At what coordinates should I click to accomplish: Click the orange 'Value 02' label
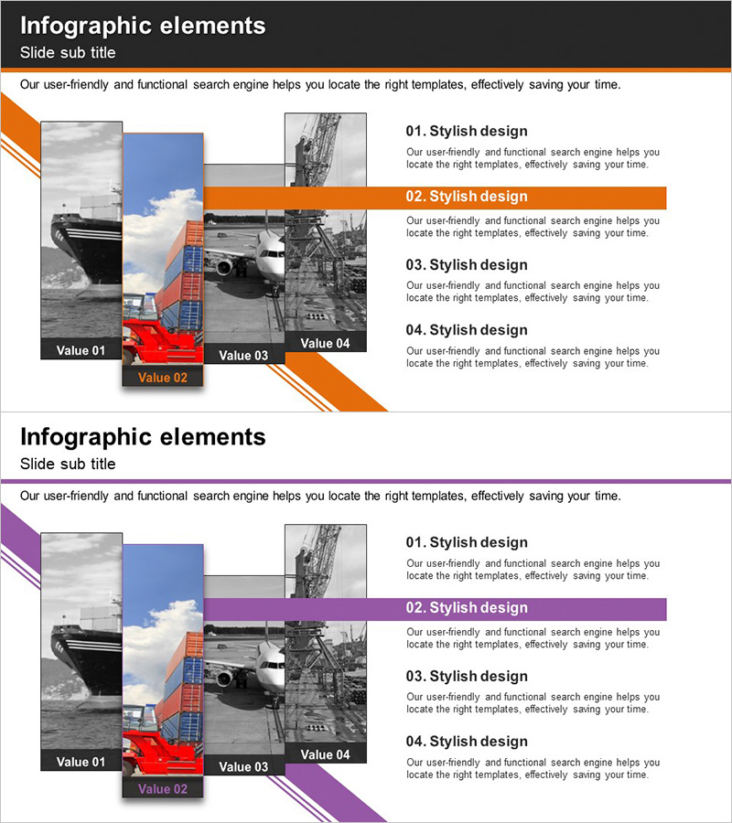163,378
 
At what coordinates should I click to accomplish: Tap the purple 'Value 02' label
163,789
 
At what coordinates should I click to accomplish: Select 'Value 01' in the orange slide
81,350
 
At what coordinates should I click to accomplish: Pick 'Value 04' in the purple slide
325,754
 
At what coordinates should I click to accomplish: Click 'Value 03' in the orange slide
243,356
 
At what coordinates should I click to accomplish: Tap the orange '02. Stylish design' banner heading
467,197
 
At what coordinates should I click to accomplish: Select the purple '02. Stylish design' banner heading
467,608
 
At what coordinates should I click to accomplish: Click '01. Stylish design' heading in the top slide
467,131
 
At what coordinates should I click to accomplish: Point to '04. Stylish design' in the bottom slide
467,741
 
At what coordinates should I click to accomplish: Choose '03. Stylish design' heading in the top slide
467,264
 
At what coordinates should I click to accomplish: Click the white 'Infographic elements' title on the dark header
143,27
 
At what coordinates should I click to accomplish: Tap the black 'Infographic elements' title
143,437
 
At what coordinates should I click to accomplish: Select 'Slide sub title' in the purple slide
68,464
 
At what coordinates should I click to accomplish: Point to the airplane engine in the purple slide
225,679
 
